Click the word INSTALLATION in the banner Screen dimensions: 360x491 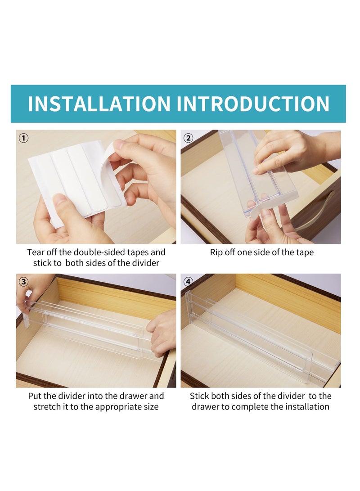[x=99, y=104]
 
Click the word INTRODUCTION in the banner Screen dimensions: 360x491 [x=253, y=104]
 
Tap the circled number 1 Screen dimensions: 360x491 [x=23, y=138]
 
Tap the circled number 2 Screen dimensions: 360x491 [x=188, y=138]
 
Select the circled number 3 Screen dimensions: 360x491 [x=23, y=282]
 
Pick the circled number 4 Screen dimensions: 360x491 [x=188, y=282]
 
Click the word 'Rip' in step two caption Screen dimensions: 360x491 [x=216, y=252]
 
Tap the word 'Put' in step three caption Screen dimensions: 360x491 [x=35, y=396]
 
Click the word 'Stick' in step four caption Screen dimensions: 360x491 [x=199, y=396]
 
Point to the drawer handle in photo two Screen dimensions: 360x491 [x=314, y=212]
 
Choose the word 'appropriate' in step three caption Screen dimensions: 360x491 [x=119, y=407]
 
